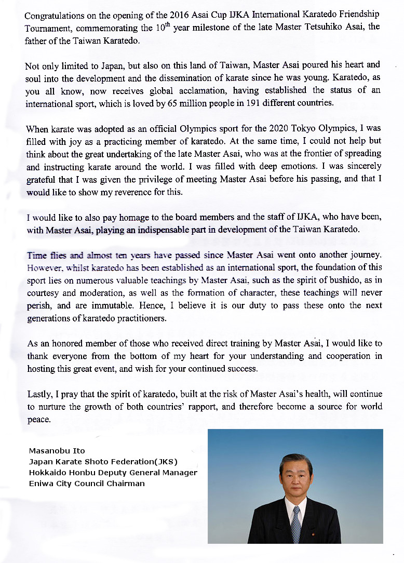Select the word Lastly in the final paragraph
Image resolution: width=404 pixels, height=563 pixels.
tap(39, 394)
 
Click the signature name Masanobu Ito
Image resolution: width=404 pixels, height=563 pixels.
tap(57, 450)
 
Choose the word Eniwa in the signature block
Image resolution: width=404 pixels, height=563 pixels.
tap(40, 484)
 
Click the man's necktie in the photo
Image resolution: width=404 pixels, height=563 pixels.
tap(295, 522)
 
